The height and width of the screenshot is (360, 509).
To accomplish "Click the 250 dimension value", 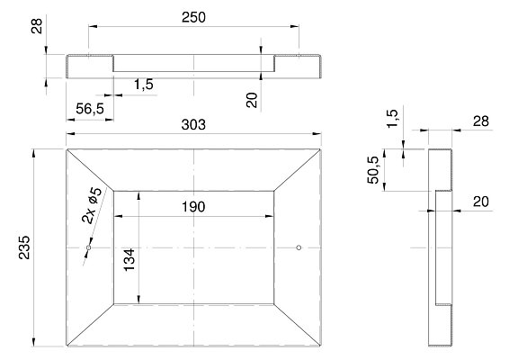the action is click(193, 17).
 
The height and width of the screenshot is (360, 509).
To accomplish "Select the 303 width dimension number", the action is click(193, 125).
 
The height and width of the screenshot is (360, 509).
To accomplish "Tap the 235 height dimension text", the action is click(24, 247).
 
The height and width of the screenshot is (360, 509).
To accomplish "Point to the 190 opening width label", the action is click(193, 207).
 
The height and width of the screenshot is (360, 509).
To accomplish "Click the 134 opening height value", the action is click(129, 259).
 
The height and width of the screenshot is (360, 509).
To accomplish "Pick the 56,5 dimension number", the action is click(90, 109).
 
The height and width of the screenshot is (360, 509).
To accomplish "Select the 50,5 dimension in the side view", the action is click(373, 170).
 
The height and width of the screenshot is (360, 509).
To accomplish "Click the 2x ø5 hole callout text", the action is click(93, 206).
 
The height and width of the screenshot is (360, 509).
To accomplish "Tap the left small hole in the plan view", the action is click(89, 247).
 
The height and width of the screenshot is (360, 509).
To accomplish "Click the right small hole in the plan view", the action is click(299, 247).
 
